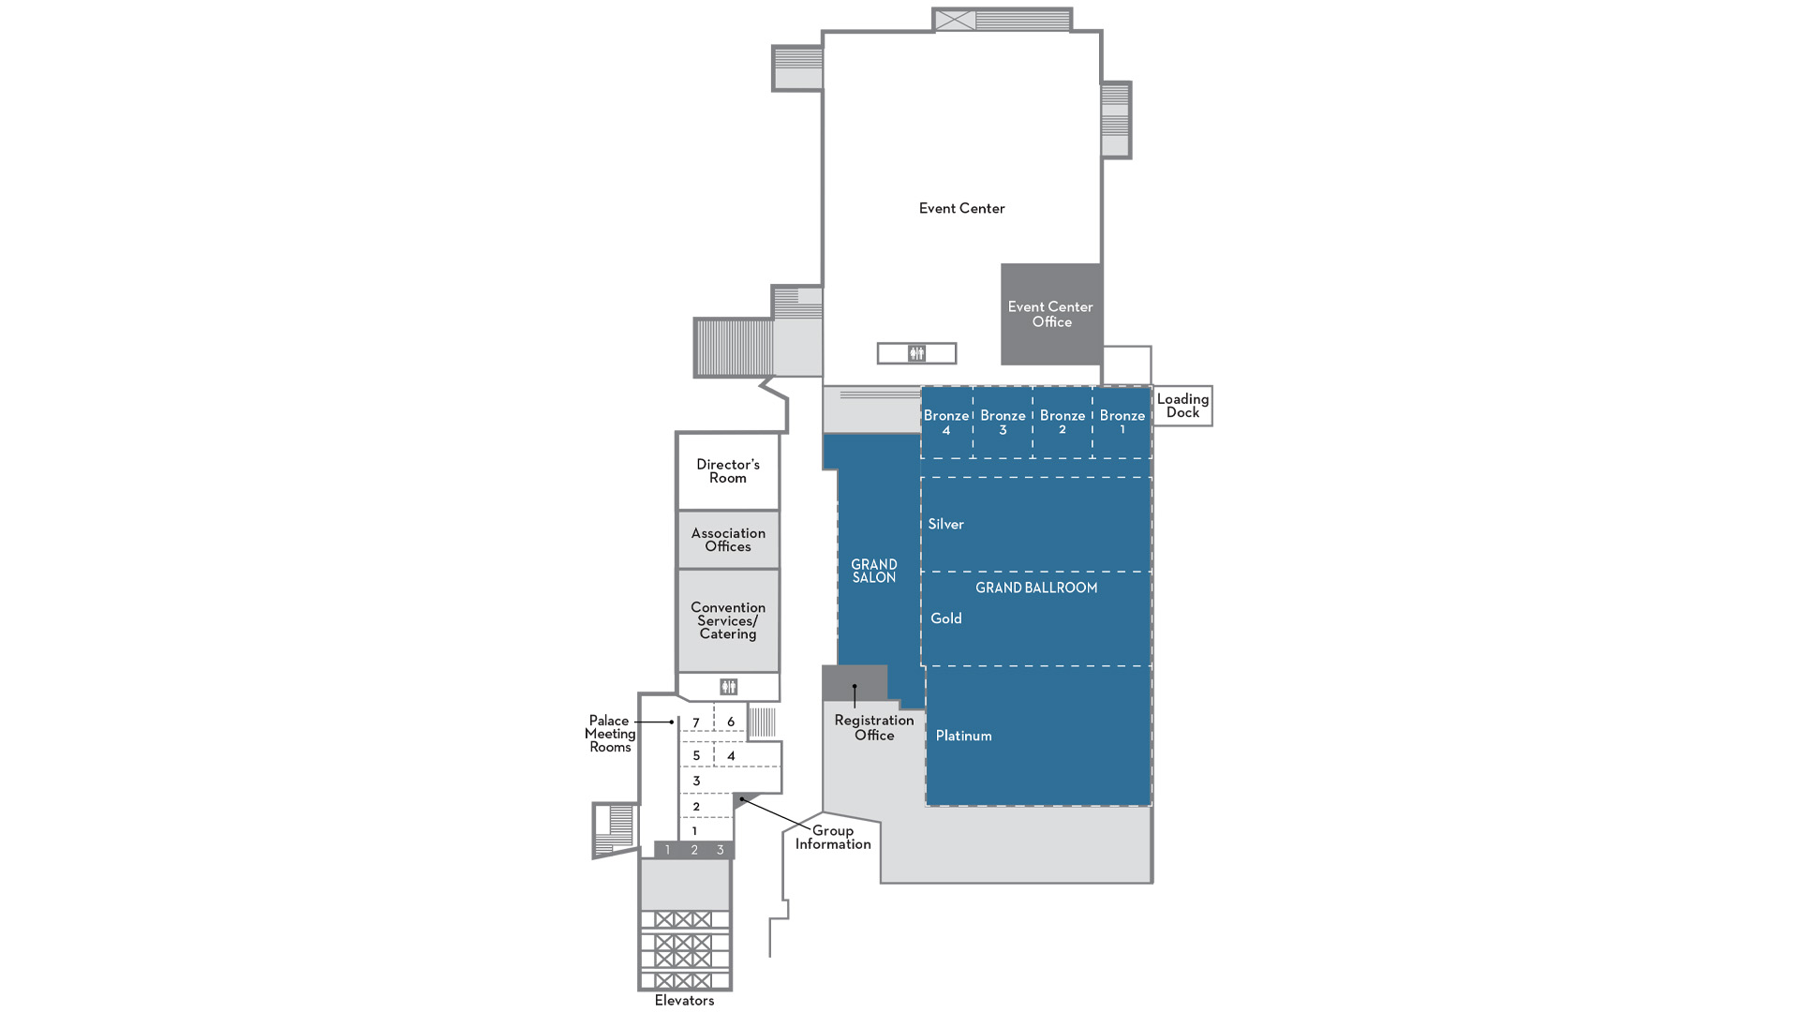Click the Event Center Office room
point(1051,314)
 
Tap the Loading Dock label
point(1182,406)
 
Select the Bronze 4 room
point(946,423)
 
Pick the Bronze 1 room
point(1123,423)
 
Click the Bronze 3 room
point(1003,423)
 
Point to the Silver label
point(945,524)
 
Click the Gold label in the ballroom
point(946,618)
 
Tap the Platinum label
point(963,736)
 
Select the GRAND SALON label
point(874,571)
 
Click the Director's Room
point(728,471)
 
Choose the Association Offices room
point(728,540)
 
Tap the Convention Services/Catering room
point(728,620)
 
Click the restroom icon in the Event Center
point(916,353)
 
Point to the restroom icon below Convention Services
point(728,687)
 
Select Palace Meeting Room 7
point(696,722)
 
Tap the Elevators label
point(684,1001)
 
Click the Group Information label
point(833,837)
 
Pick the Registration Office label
point(874,727)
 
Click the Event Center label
point(961,208)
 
